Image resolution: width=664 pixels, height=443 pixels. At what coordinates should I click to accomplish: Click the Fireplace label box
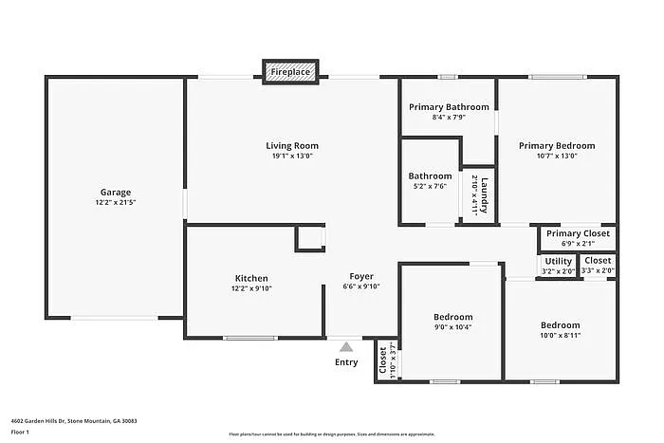tap(290, 71)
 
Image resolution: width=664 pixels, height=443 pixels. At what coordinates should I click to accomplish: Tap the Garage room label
tap(116, 192)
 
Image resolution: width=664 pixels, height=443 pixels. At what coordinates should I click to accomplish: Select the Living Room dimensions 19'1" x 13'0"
tap(291, 156)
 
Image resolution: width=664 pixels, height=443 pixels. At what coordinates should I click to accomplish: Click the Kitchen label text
tap(251, 278)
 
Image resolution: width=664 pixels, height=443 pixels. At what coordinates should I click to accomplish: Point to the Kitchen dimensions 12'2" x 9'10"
tap(251, 288)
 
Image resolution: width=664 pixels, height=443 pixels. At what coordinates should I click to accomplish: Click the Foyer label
tap(360, 276)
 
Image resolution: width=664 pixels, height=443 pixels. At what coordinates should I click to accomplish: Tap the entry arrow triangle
tap(346, 347)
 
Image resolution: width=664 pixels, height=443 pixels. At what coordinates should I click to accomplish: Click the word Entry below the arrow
tap(346, 362)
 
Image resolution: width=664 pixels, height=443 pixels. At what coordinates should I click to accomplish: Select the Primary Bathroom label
tap(449, 106)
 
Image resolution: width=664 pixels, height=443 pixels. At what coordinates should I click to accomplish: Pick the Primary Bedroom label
tap(557, 145)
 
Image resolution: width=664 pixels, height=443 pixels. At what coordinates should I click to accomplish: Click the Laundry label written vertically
tap(483, 194)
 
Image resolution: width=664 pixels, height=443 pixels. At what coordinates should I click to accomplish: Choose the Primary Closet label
tap(577, 233)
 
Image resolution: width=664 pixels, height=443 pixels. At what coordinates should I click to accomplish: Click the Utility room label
tap(559, 261)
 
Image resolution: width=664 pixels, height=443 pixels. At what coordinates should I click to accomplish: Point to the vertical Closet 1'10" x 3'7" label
tap(383, 361)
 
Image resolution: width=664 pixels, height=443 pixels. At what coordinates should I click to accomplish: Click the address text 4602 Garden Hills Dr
tap(74, 420)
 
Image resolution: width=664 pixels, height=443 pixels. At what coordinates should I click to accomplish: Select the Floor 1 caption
tap(21, 432)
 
